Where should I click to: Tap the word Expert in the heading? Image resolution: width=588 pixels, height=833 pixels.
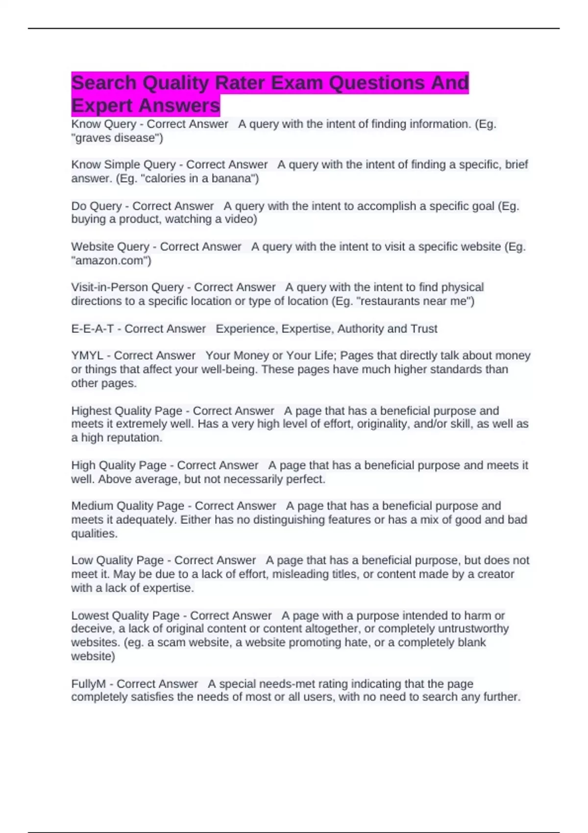(x=102, y=105)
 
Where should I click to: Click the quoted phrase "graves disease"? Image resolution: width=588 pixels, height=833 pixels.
(x=117, y=138)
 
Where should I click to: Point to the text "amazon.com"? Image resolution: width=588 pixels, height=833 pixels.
(x=111, y=260)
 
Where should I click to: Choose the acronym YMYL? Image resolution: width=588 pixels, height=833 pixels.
(x=87, y=355)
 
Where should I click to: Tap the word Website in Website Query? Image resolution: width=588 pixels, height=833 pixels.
(x=92, y=246)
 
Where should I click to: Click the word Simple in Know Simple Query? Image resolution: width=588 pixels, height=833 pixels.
(x=122, y=165)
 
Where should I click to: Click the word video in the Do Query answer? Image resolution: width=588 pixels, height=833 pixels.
(x=239, y=219)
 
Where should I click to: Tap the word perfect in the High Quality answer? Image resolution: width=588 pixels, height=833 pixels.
(x=305, y=479)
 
